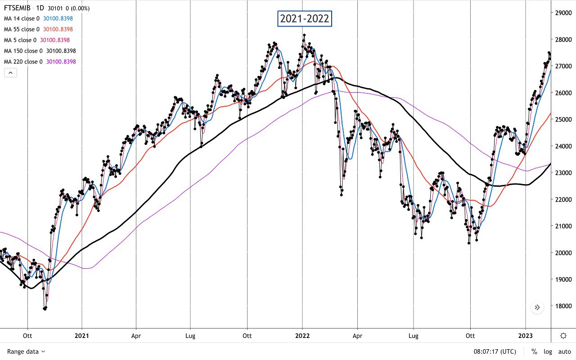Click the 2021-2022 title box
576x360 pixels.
pyautogui.click(x=305, y=19)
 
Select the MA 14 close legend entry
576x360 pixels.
pyautogui.click(x=22, y=18)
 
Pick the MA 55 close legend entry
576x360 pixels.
pyautogui.click(x=22, y=29)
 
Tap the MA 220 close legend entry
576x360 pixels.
pyautogui.click(x=23, y=62)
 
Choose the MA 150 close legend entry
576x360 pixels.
pyautogui.click(x=23, y=51)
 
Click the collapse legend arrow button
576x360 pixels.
pyautogui.click(x=10, y=72)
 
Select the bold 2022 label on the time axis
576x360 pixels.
pyautogui.click(x=302, y=336)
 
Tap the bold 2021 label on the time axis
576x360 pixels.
pyautogui.click(x=81, y=336)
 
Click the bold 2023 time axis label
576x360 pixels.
pyautogui.click(x=526, y=336)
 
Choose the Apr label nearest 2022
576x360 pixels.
pyautogui.click(x=357, y=336)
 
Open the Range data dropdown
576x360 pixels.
pyautogui.click(x=26, y=351)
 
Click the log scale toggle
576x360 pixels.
pyautogui.click(x=547, y=351)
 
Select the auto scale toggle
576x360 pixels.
pyautogui.click(x=564, y=351)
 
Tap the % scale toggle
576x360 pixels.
pyautogui.click(x=534, y=351)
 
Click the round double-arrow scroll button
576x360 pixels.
pyautogui.click(x=537, y=308)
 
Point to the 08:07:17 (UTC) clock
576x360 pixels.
pyautogui.click(x=495, y=351)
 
